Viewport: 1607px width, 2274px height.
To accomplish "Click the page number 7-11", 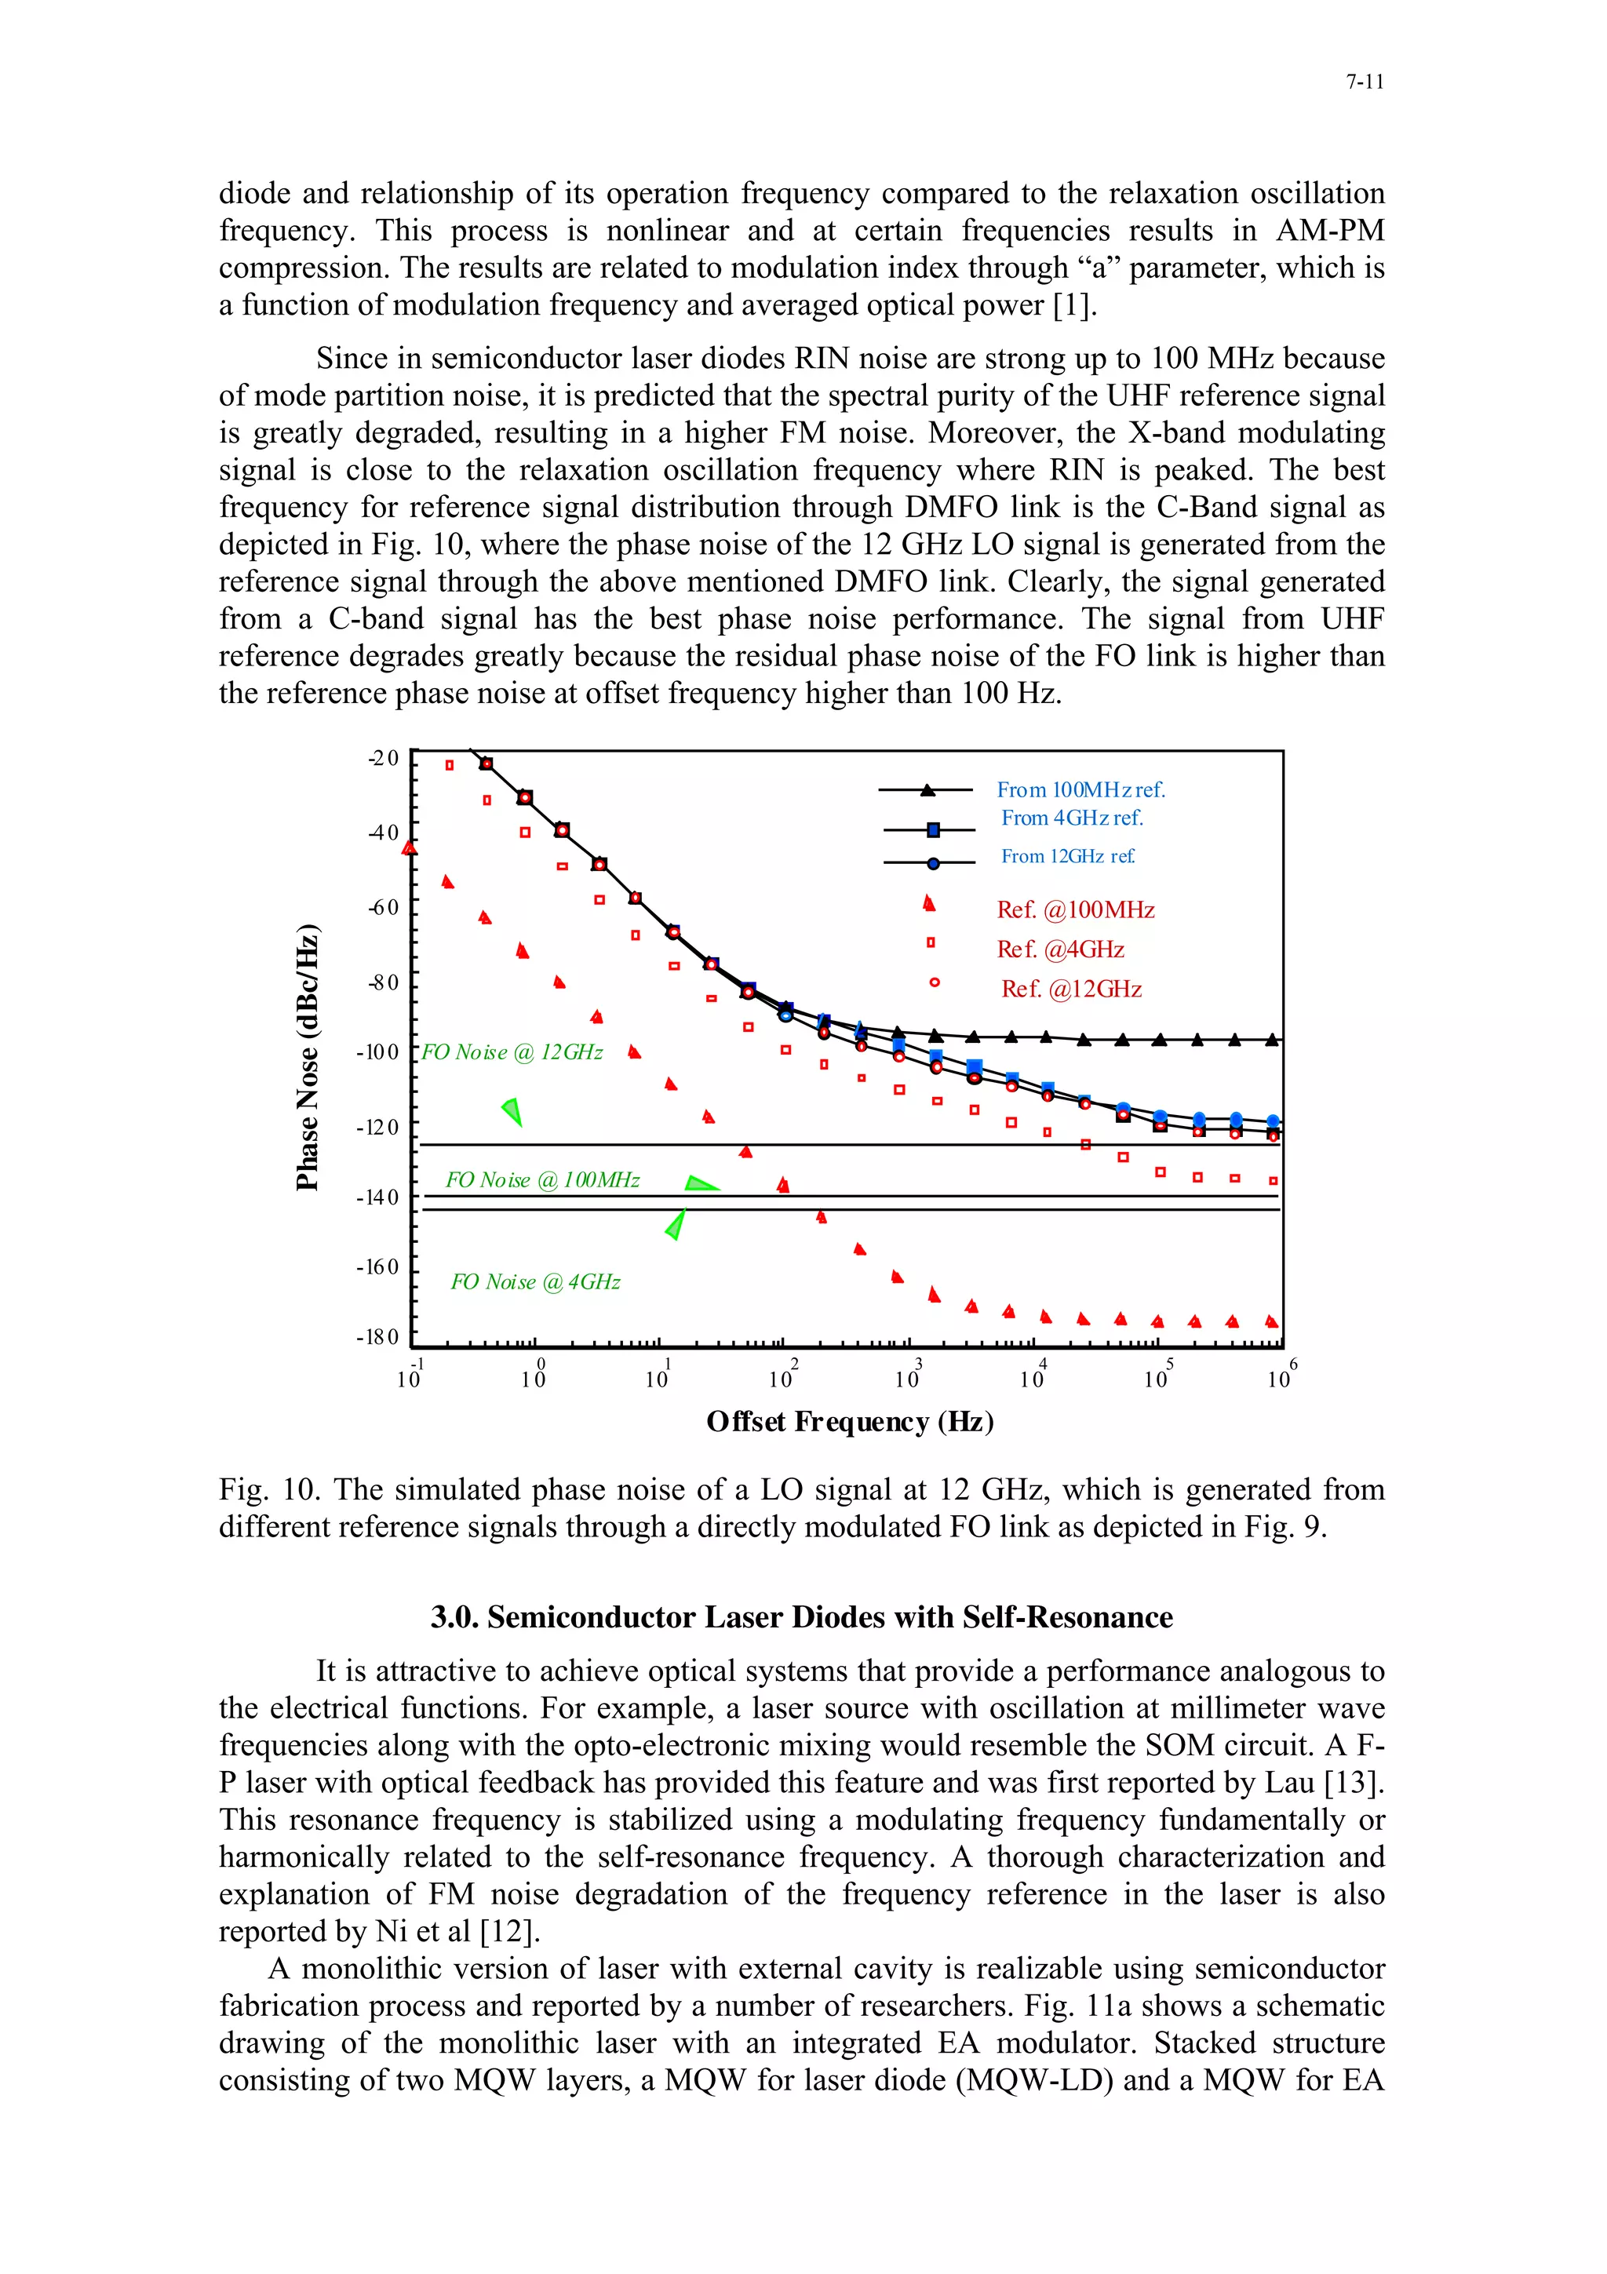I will pos(1364,82).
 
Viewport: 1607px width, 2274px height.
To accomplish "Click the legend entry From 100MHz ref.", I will pos(1080,789).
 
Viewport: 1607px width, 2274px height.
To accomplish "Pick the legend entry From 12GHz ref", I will pos(1067,856).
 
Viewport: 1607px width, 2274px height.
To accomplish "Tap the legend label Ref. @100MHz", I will pos(1075,909).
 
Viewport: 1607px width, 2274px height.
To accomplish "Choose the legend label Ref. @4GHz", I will pos(1060,949).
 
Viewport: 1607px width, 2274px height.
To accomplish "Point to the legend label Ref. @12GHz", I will pos(1070,989).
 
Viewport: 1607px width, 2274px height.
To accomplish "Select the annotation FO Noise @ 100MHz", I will pos(541,1179).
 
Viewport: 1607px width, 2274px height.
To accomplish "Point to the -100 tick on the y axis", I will pos(378,1051).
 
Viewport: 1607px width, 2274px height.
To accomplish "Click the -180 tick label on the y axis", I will pos(378,1337).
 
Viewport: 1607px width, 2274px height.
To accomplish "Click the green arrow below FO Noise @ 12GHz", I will pos(512,1111).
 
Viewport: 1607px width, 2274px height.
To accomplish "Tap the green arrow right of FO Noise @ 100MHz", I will pos(701,1183).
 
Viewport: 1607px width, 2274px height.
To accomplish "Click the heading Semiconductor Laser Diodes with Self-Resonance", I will pos(801,1616).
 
